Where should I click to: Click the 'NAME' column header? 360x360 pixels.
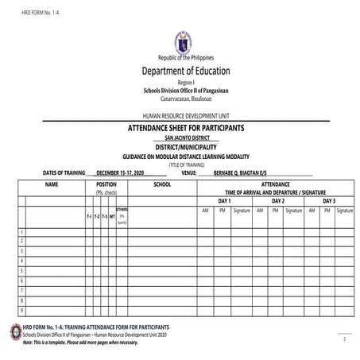[x=52, y=184]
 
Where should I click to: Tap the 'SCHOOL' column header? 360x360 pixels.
[x=162, y=184]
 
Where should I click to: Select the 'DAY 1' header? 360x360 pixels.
[x=224, y=201]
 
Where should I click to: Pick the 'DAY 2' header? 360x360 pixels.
[x=278, y=201]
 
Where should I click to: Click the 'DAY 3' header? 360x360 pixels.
[x=329, y=201]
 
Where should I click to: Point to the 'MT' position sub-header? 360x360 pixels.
[x=112, y=216]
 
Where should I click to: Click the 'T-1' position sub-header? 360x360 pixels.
[x=89, y=216]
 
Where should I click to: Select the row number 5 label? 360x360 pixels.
[x=21, y=271]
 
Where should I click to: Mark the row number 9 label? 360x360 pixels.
[x=21, y=311]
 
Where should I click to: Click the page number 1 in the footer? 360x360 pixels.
[x=344, y=339]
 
